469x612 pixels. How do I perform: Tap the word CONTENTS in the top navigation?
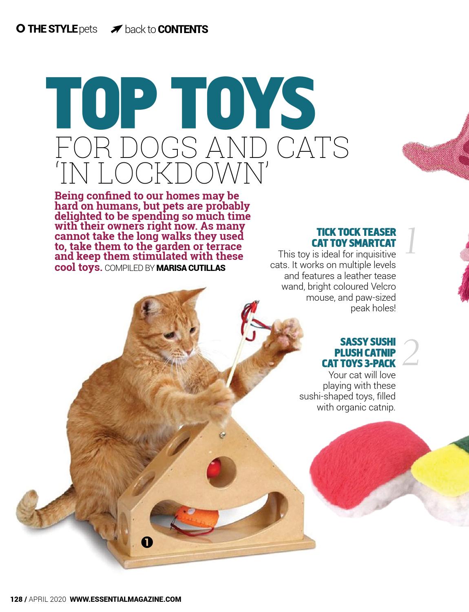click(x=183, y=29)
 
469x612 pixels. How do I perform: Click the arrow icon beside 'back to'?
click(x=116, y=29)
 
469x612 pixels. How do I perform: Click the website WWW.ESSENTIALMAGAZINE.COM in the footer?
click(x=126, y=599)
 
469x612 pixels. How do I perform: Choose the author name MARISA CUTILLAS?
click(x=191, y=268)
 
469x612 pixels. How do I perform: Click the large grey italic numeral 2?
click(x=411, y=353)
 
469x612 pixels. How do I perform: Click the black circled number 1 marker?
click(x=147, y=542)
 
